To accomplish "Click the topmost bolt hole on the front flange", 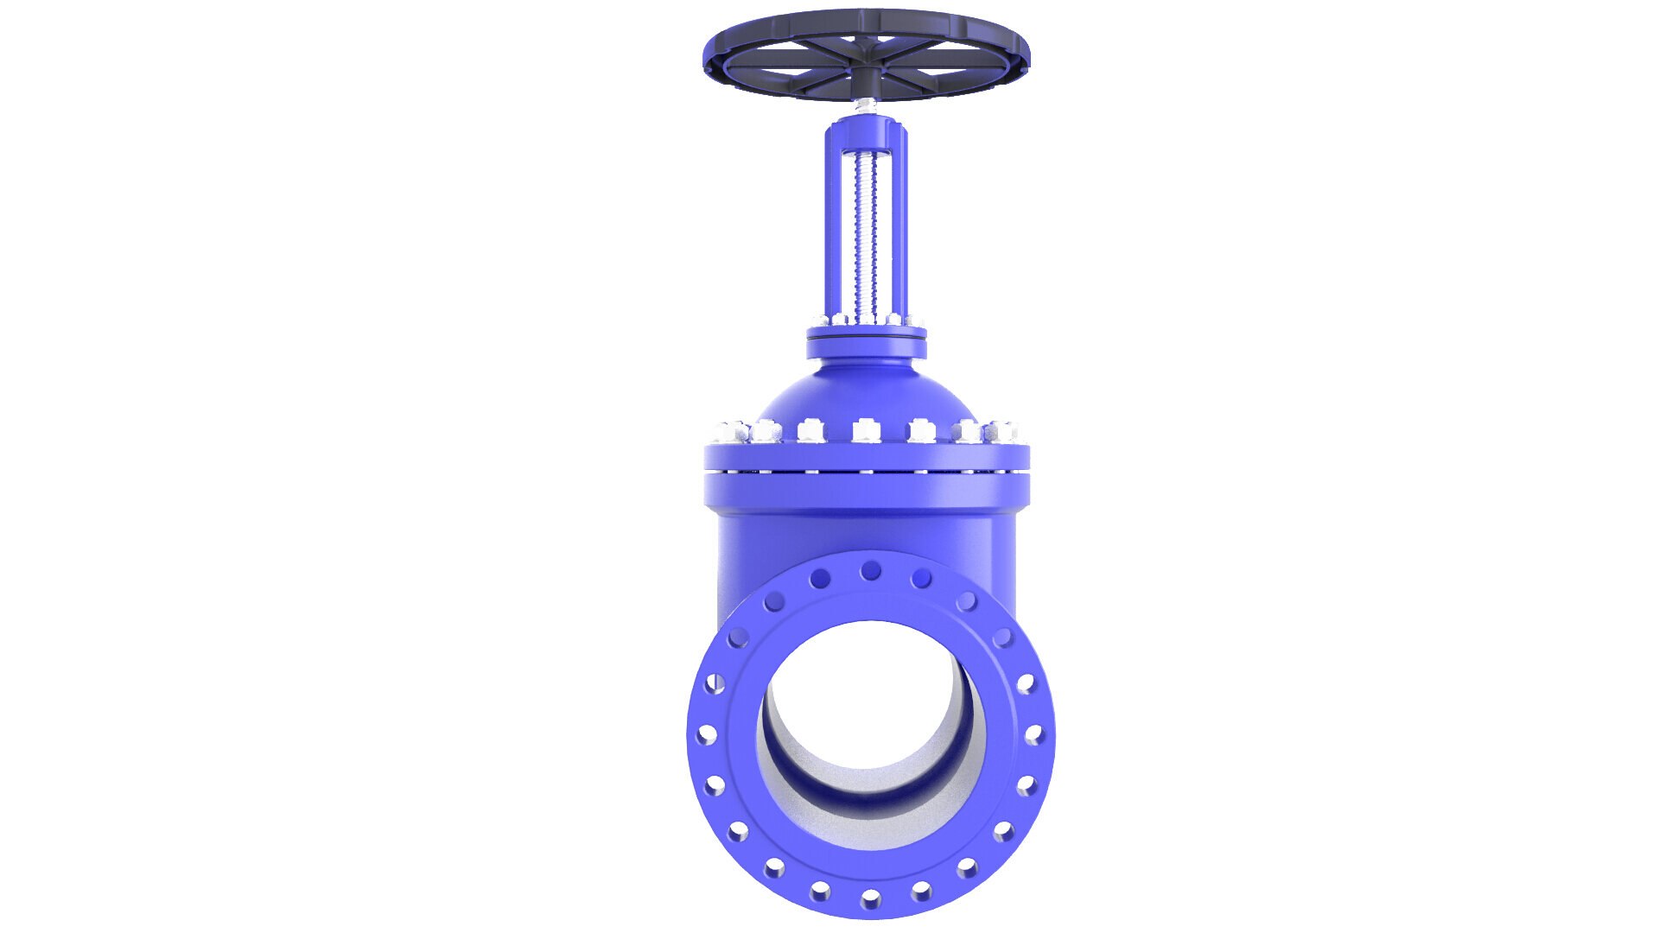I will pos(871,570).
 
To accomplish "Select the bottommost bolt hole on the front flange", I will pos(871,899).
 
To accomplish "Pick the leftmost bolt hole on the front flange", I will pos(706,735).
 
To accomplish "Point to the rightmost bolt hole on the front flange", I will pos(1033,735).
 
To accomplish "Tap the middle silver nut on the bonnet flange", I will pos(865,429).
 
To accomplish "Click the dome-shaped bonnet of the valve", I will pos(867,393).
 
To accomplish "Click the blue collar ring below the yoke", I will pos(867,346).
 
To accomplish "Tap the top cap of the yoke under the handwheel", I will pos(866,134).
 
